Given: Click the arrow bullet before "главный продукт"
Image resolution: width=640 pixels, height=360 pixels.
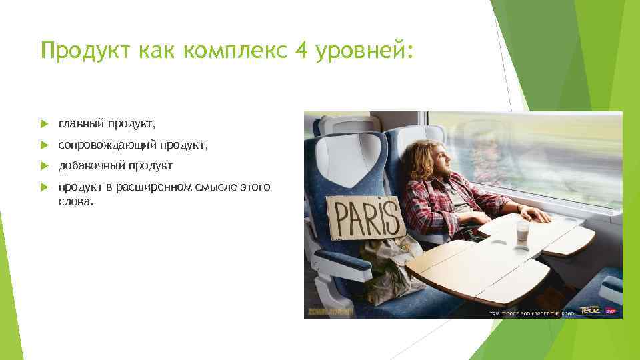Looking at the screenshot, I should (44, 123).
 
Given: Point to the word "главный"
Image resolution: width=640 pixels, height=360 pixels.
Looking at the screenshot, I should (80, 123).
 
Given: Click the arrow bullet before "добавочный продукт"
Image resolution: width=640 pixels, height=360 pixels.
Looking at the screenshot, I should (44, 165).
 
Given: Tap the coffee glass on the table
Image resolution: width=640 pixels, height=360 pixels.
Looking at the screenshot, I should (522, 234).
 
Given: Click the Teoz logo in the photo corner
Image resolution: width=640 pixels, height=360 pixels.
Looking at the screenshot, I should (590, 309).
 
